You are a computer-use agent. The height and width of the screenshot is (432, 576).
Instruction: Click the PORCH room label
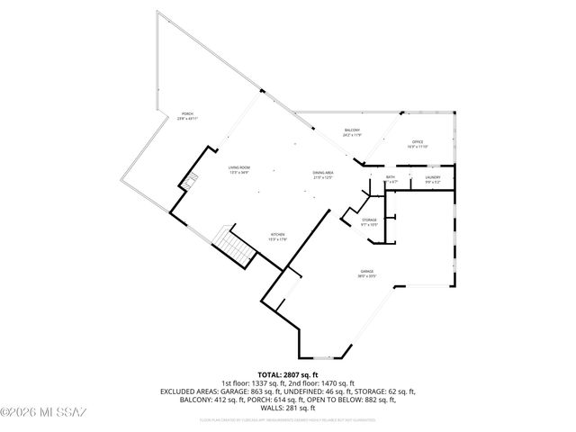tap(186, 113)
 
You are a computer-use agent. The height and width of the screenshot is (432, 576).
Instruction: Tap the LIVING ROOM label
tap(238, 167)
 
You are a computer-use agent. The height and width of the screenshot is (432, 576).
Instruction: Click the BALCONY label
tap(352, 131)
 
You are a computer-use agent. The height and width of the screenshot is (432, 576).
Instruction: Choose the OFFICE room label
tap(417, 141)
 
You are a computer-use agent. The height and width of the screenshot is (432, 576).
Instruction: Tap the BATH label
tap(391, 177)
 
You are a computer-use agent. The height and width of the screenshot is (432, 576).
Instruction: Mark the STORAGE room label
tap(369, 220)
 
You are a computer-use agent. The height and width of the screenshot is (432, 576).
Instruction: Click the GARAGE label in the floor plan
tap(367, 271)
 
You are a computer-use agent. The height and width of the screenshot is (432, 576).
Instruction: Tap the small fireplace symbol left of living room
tap(188, 184)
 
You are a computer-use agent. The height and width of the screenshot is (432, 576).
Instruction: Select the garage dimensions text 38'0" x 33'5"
tap(367, 276)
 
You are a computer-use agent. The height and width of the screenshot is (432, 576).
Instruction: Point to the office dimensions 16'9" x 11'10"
tap(417, 147)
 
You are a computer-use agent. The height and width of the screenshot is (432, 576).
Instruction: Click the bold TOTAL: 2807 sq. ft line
tap(288, 374)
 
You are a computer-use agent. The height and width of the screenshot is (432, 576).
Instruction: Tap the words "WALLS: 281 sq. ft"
tap(288, 407)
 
